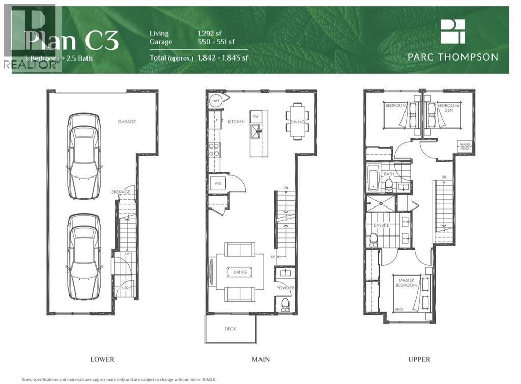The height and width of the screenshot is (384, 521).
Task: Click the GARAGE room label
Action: [x=127, y=122]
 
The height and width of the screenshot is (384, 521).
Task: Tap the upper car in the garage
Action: [x=84, y=157]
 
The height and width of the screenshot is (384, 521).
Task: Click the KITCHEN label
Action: [x=236, y=122]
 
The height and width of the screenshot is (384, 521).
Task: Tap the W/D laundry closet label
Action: [x=217, y=183]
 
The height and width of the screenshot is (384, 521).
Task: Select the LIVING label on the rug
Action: [x=240, y=272]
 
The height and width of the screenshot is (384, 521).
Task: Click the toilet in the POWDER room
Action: [x=285, y=304]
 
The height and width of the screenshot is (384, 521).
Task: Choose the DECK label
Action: [x=230, y=329]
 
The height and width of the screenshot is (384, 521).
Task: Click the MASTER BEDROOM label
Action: [x=407, y=283]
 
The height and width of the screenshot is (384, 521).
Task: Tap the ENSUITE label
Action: [x=382, y=225]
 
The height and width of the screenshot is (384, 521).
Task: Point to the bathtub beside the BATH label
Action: [x=373, y=180]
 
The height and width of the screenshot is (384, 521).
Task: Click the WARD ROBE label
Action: [x=466, y=146]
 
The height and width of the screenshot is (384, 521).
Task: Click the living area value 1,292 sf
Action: [x=210, y=33]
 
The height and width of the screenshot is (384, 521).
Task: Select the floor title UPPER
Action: [x=419, y=359]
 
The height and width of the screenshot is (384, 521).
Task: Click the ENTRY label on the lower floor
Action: [x=125, y=288]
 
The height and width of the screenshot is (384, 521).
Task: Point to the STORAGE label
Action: [x=121, y=192]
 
